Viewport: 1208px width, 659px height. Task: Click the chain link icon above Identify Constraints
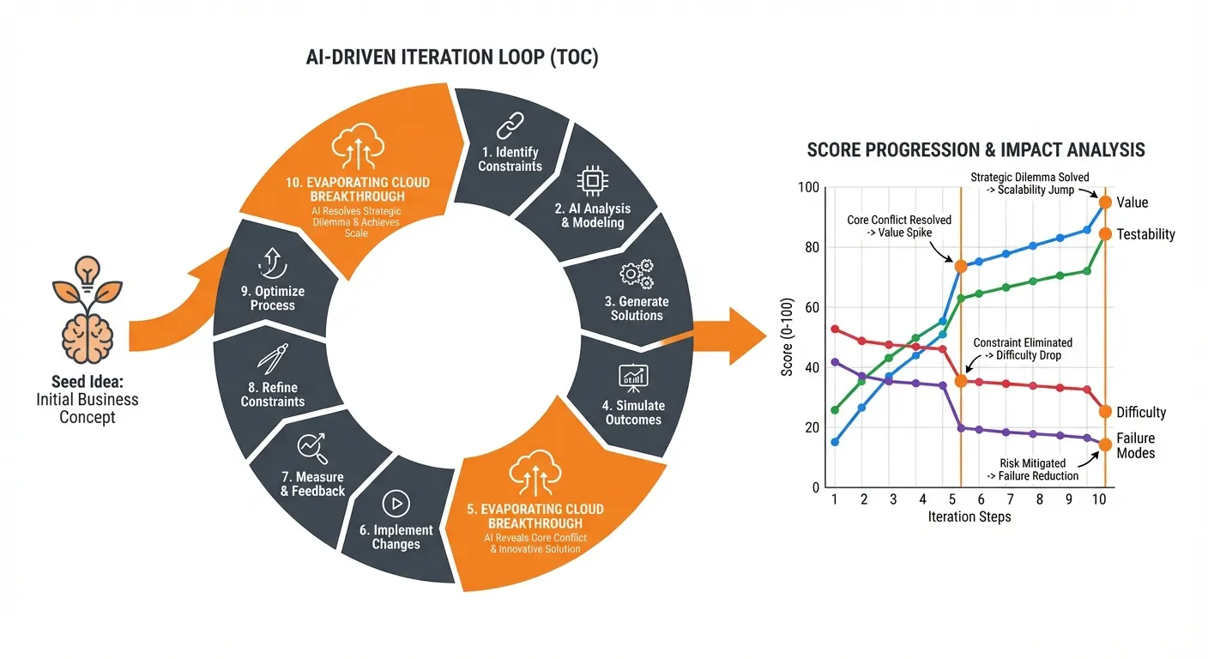click(510, 123)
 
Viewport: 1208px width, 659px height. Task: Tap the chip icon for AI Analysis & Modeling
click(590, 180)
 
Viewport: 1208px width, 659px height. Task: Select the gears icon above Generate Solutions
click(636, 275)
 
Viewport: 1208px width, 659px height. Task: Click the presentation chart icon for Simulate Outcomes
click(633, 377)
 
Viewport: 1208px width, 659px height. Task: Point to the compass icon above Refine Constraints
click(272, 359)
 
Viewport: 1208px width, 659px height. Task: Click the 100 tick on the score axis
click(810, 187)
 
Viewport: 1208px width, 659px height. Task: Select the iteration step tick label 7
click(1009, 499)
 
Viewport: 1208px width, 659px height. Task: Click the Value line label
click(1132, 203)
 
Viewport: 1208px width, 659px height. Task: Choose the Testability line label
click(1145, 234)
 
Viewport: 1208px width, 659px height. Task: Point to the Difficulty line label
click(1141, 413)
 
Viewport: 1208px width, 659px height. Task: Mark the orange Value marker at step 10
click(1105, 203)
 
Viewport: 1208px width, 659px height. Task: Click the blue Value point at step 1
click(835, 442)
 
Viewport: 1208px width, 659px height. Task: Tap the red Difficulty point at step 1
click(835, 329)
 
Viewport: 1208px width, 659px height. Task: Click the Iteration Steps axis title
click(969, 517)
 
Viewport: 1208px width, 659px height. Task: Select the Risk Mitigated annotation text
click(1038, 469)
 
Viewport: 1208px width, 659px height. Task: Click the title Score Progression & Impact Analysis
click(975, 150)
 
